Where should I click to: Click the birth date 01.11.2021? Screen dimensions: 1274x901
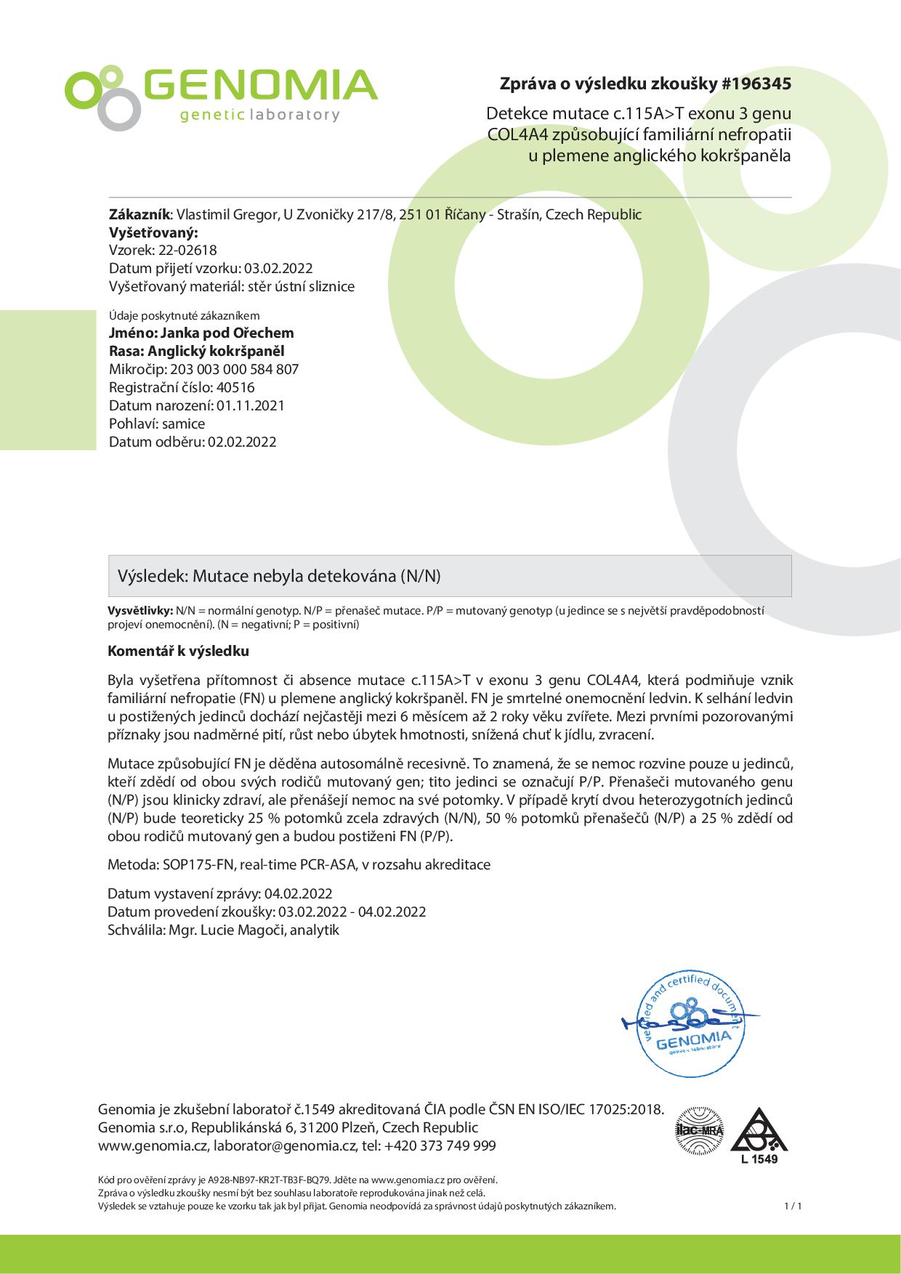point(250,405)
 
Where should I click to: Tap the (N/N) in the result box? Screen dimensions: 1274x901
point(421,576)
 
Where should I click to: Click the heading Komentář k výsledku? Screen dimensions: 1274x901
point(179,651)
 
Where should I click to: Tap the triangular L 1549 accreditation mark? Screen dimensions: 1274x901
point(759,1135)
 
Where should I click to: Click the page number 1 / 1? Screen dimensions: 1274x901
point(793,1206)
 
